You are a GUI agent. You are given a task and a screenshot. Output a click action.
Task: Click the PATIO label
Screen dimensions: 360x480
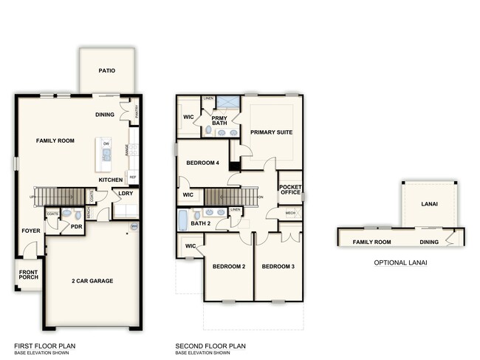(x=107, y=71)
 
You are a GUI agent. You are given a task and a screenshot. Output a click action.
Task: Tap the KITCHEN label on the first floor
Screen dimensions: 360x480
(x=111, y=180)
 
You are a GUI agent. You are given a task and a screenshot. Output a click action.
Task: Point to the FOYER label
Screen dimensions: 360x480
(x=30, y=231)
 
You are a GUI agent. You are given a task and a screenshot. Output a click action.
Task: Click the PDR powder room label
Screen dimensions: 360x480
(x=75, y=226)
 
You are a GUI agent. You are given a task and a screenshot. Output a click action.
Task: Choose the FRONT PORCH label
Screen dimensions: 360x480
(x=29, y=276)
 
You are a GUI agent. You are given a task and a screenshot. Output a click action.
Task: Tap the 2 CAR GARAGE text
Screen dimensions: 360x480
(x=93, y=282)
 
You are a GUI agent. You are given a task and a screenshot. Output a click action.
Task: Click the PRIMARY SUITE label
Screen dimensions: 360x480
(x=271, y=132)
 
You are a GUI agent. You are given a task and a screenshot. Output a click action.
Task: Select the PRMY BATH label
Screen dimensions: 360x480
(x=219, y=120)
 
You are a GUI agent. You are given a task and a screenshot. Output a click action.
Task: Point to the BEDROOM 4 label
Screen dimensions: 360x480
(x=202, y=163)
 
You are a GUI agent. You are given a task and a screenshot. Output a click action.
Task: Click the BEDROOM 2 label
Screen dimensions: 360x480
(x=228, y=266)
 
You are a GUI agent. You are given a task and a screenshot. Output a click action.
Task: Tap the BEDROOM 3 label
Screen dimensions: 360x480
(x=278, y=266)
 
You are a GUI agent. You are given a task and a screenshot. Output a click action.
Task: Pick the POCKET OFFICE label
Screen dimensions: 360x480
(x=290, y=191)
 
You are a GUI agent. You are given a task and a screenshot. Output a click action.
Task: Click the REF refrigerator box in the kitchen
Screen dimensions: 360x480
(x=133, y=177)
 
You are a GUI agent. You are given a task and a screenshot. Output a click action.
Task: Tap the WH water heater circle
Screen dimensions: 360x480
(x=134, y=226)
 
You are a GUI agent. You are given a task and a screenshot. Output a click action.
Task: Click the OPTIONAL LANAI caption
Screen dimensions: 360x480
(x=400, y=262)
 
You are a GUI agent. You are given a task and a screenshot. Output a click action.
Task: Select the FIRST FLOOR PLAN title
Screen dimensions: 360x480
(x=44, y=345)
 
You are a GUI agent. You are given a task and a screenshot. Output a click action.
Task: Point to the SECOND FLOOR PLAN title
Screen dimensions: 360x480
(x=210, y=345)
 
